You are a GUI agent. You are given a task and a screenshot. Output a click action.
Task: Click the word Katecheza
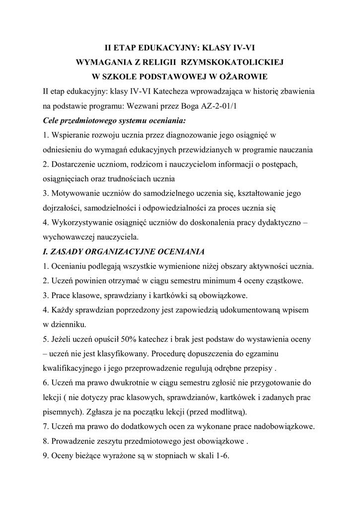[164, 92]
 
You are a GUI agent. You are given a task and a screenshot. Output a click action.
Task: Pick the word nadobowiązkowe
[283, 427]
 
